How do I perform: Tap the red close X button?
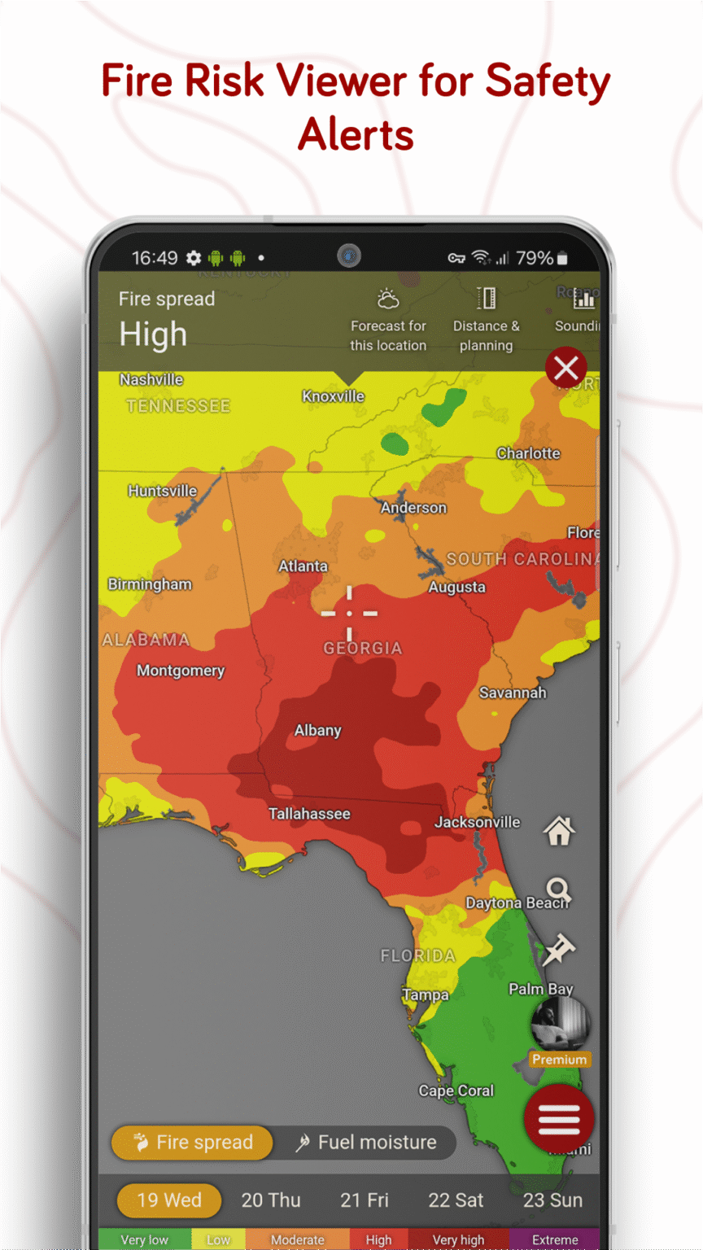click(x=566, y=369)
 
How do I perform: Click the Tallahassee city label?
click(x=309, y=813)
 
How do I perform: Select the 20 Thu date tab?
click(x=271, y=1200)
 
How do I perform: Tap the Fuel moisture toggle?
click(x=366, y=1142)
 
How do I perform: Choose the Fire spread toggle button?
click(x=193, y=1142)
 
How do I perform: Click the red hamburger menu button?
click(x=559, y=1119)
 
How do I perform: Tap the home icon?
click(x=559, y=831)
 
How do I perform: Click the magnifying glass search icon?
click(x=558, y=890)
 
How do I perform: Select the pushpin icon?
click(x=559, y=949)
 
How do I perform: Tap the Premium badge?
click(x=559, y=1059)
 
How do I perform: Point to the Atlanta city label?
click(x=303, y=566)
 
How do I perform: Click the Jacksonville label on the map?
click(x=477, y=822)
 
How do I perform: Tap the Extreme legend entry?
click(x=555, y=1239)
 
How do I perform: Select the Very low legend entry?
click(x=145, y=1239)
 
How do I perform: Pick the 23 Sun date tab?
click(x=552, y=1200)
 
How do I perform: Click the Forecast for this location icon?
click(x=388, y=301)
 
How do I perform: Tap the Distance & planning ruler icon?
click(x=486, y=299)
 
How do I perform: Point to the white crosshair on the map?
click(x=350, y=613)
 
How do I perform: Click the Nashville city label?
click(x=151, y=379)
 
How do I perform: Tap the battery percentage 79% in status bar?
click(x=535, y=258)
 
